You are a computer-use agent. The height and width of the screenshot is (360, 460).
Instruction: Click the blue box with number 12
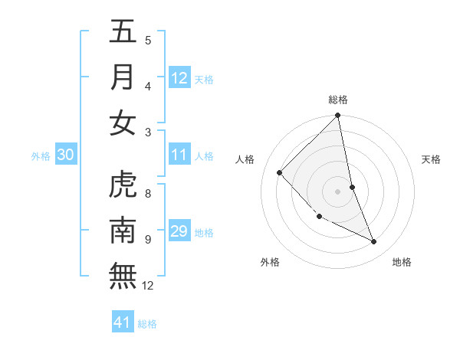(x=179, y=77)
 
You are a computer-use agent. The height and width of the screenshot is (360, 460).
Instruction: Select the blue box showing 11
(x=179, y=155)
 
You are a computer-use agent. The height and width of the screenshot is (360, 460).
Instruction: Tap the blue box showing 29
(x=179, y=231)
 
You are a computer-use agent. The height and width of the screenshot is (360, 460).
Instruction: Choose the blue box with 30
(x=66, y=155)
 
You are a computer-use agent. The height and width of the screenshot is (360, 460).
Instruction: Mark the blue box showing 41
(x=123, y=322)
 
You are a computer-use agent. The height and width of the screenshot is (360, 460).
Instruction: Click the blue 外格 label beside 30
(x=41, y=156)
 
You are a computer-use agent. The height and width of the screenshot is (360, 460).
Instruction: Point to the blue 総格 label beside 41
(x=147, y=324)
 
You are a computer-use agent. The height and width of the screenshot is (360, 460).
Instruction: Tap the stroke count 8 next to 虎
(x=148, y=193)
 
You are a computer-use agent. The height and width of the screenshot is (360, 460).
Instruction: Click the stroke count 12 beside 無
(x=148, y=286)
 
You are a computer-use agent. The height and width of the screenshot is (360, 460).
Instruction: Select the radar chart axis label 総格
(x=338, y=100)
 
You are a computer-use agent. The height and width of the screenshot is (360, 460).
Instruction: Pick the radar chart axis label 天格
(x=432, y=159)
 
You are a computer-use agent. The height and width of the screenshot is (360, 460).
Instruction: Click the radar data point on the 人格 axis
(x=280, y=172)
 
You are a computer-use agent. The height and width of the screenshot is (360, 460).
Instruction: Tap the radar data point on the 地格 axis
(x=374, y=241)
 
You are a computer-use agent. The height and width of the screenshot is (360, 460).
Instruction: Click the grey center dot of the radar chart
(x=338, y=191)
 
